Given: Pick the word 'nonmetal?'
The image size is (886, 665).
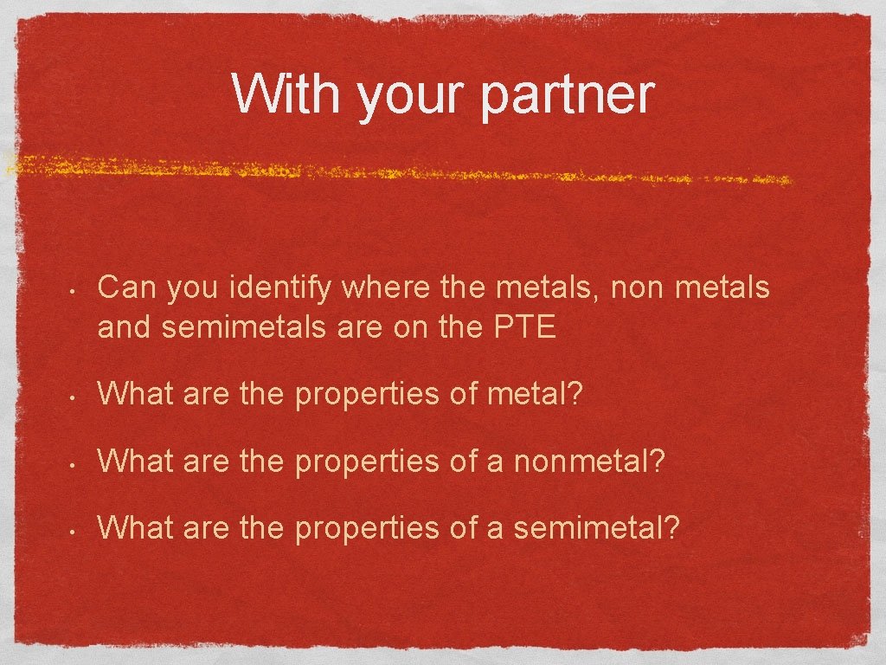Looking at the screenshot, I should pos(589,461).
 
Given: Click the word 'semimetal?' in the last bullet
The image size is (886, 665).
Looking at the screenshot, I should pos(596,526).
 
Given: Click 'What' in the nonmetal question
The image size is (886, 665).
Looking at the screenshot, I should pos(137,461).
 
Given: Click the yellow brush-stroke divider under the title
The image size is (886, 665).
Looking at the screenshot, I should pos(398,169).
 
